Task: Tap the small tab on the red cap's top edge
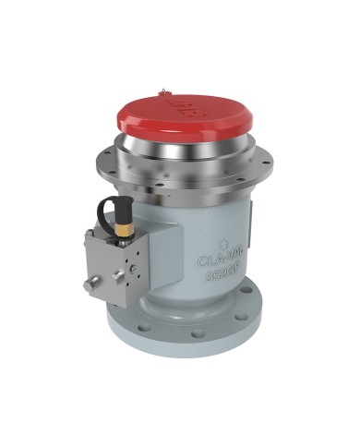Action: click(x=163, y=91)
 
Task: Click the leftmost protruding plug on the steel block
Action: click(x=88, y=286)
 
